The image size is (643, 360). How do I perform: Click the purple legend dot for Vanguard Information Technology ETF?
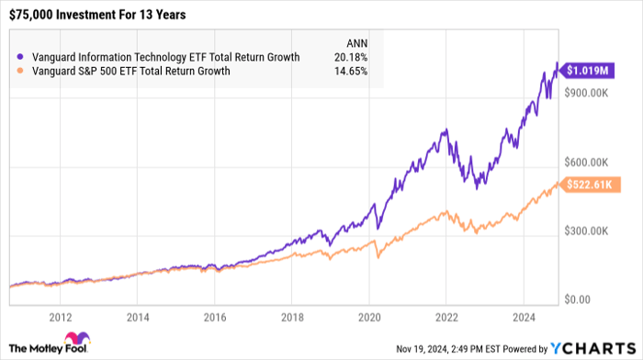[x=20, y=57]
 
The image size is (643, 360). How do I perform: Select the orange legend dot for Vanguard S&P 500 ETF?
[x=20, y=71]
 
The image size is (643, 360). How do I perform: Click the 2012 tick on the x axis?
[x=61, y=318]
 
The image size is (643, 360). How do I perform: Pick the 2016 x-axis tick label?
[x=215, y=318]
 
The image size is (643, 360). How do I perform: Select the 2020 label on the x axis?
[x=369, y=318]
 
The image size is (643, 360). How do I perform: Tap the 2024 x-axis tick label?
[x=524, y=318]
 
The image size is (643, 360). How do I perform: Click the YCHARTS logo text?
[x=601, y=348]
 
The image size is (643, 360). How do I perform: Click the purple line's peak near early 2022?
[x=446, y=130]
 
